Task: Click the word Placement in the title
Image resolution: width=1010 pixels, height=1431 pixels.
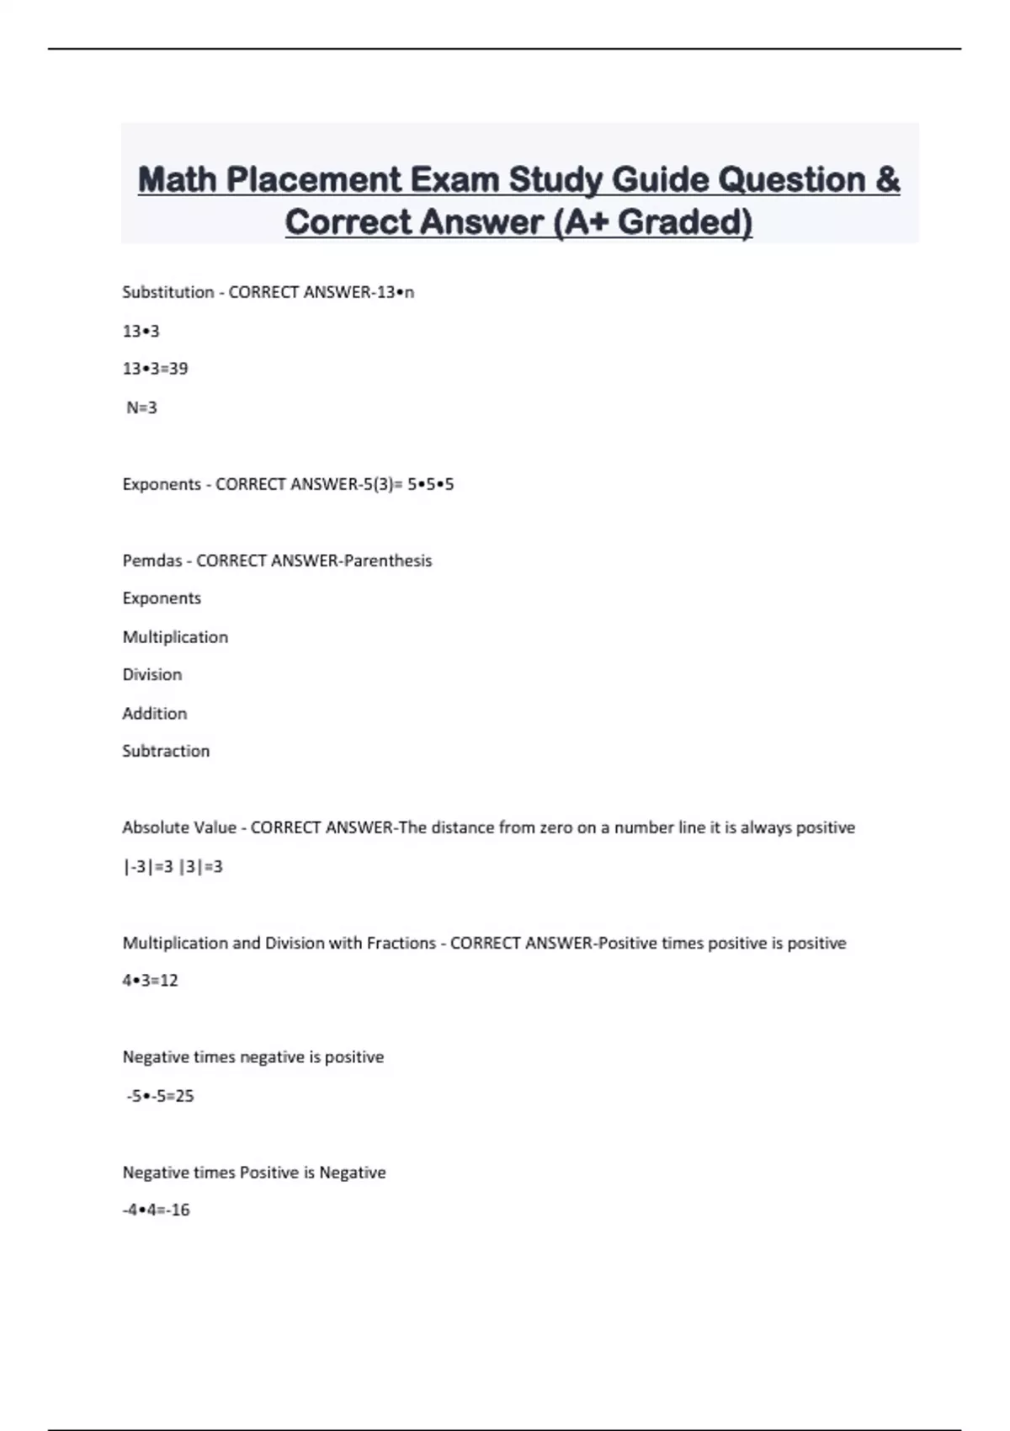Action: pyautogui.click(x=314, y=180)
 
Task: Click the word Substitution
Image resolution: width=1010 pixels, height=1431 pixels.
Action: pyautogui.click(x=168, y=292)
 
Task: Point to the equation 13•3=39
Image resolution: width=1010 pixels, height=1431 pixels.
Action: pyautogui.click(x=155, y=369)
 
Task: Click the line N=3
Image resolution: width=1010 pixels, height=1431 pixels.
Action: pyautogui.click(x=141, y=407)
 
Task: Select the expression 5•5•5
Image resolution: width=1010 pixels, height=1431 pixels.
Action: pyautogui.click(x=431, y=484)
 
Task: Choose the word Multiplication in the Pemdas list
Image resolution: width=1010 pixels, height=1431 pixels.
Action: pyautogui.click(x=175, y=637)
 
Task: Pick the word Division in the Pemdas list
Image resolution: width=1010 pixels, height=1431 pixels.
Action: pyautogui.click(x=152, y=674)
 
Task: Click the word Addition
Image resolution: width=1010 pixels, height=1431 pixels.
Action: pyautogui.click(x=155, y=714)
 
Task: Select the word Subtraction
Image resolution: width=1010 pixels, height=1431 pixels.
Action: pyautogui.click(x=166, y=751)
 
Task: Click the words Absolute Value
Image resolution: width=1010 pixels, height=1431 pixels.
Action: pyautogui.click(x=179, y=827)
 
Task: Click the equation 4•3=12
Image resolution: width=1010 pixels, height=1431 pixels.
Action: pyautogui.click(x=151, y=981)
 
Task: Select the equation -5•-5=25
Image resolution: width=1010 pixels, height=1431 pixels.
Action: pyautogui.click(x=160, y=1096)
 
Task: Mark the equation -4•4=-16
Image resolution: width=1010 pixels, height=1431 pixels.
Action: pyautogui.click(x=156, y=1210)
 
